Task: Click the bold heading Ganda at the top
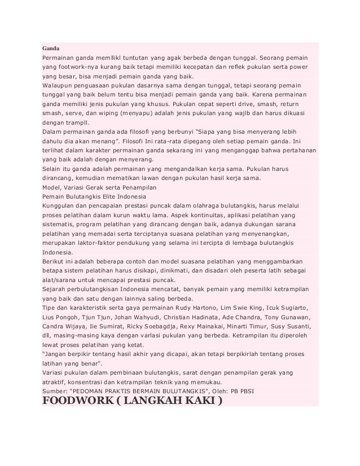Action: click(x=51, y=47)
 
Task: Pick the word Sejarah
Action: click(x=55, y=289)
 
